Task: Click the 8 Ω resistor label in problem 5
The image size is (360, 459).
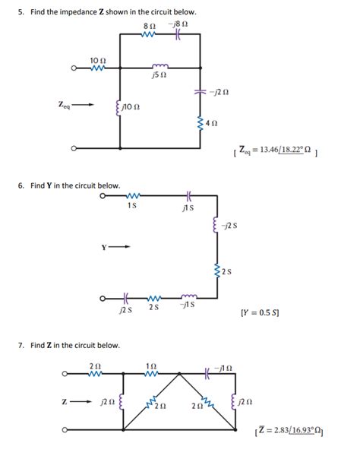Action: (x=148, y=27)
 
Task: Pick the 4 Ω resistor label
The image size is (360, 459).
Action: (x=213, y=122)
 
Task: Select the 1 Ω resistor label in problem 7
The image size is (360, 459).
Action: (x=150, y=366)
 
